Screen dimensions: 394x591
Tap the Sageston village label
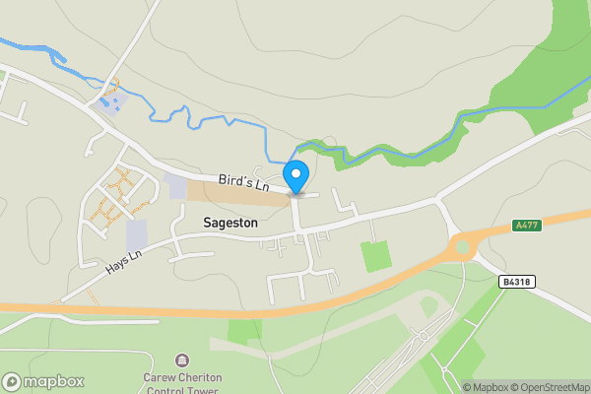(x=230, y=224)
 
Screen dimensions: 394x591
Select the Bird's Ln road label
(x=243, y=182)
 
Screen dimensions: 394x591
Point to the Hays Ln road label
(x=125, y=260)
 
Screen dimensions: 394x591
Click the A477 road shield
(x=527, y=226)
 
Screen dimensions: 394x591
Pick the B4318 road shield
(x=516, y=282)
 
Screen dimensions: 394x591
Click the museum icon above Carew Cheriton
(x=180, y=361)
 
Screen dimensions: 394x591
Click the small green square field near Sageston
(x=376, y=256)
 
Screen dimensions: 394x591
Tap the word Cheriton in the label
(x=197, y=377)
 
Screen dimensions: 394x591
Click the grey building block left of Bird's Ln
(x=175, y=186)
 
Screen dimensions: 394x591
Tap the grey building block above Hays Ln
(x=136, y=234)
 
